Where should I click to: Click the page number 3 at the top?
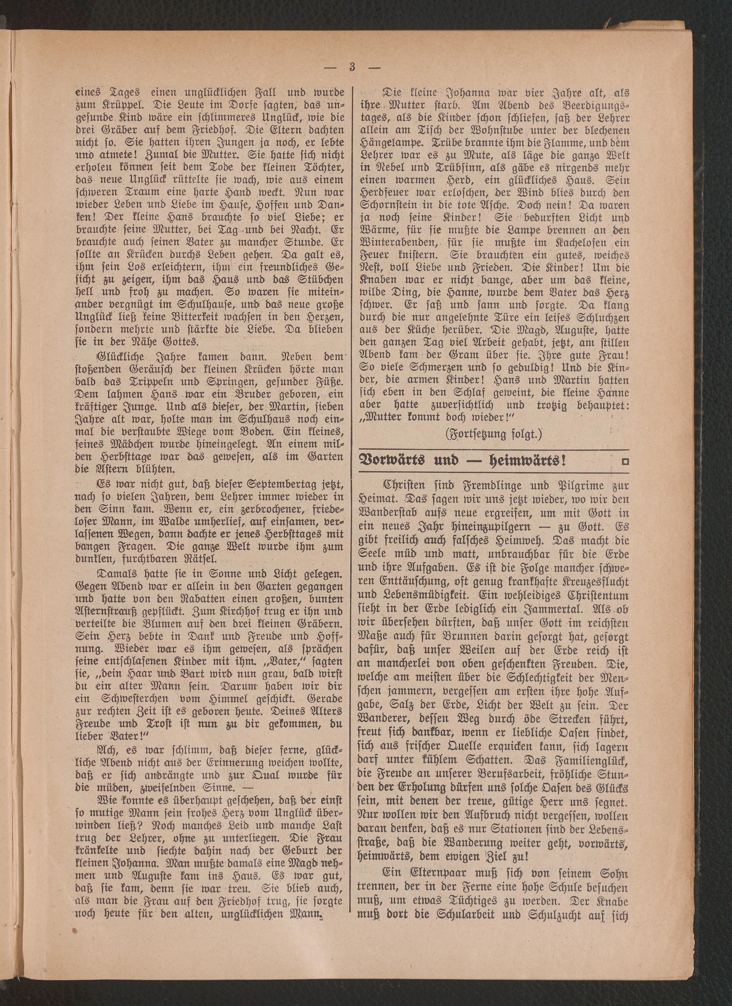click(353, 67)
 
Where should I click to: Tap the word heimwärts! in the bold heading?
click(528, 460)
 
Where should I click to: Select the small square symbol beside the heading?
click(625, 462)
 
